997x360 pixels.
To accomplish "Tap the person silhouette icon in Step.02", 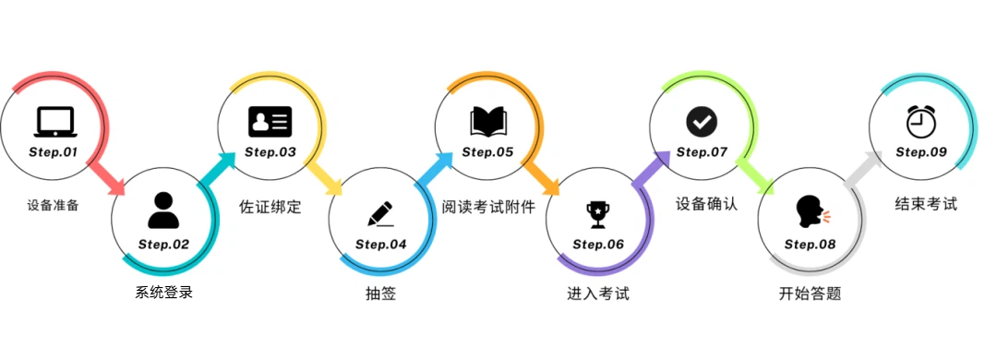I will tap(163, 210).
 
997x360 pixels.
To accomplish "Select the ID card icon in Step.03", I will tap(270, 121).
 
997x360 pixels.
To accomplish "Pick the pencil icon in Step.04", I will tap(380, 212).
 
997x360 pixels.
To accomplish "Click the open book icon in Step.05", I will tap(488, 121).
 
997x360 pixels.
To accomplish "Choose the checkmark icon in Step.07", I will tap(702, 121).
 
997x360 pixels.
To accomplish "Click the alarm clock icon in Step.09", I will tap(920, 120).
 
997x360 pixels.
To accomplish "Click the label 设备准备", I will tap(54, 205).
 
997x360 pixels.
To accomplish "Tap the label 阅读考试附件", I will tap(488, 205).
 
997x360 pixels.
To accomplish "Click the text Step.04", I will tap(380, 245).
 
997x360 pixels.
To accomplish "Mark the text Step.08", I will tap(810, 245).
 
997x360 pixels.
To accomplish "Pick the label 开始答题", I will tap(810, 294).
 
